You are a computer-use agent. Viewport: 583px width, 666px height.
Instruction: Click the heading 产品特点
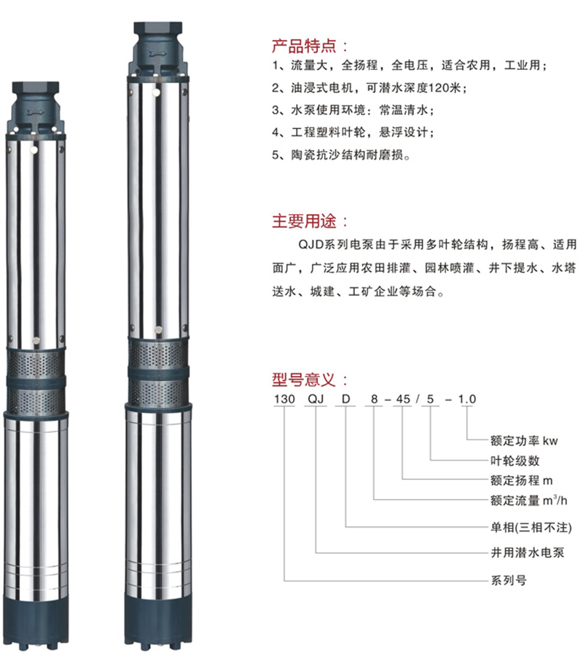[304, 46]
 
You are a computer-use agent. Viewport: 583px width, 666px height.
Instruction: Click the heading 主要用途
[304, 221]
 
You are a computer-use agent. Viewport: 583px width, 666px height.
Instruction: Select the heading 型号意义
[304, 380]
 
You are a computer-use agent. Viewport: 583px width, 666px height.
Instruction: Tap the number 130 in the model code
[284, 399]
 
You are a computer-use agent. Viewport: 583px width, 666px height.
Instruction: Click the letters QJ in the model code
[316, 399]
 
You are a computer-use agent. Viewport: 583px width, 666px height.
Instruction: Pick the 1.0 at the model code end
[466, 399]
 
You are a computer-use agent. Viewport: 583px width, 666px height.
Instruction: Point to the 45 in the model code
[403, 399]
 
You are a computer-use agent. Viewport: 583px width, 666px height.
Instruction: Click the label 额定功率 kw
[523, 440]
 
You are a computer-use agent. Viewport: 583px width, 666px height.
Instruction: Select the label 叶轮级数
[514, 461]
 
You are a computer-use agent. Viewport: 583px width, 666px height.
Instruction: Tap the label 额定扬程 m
[521, 480]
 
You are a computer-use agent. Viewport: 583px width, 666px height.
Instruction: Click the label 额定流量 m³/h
[528, 501]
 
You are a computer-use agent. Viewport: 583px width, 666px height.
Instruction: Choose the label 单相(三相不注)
[531, 527]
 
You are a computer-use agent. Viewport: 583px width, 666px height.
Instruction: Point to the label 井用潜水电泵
[528, 552]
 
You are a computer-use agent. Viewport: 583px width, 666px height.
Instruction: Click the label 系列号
[509, 580]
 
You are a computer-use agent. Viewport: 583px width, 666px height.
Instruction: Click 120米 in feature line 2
[445, 87]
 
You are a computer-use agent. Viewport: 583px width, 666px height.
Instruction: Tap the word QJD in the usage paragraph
[310, 245]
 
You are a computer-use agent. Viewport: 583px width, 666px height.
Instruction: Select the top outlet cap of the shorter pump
[36, 88]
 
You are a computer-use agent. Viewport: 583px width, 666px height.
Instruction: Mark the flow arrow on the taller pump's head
[157, 54]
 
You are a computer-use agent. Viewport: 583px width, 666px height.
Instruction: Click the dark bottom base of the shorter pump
[36, 624]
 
